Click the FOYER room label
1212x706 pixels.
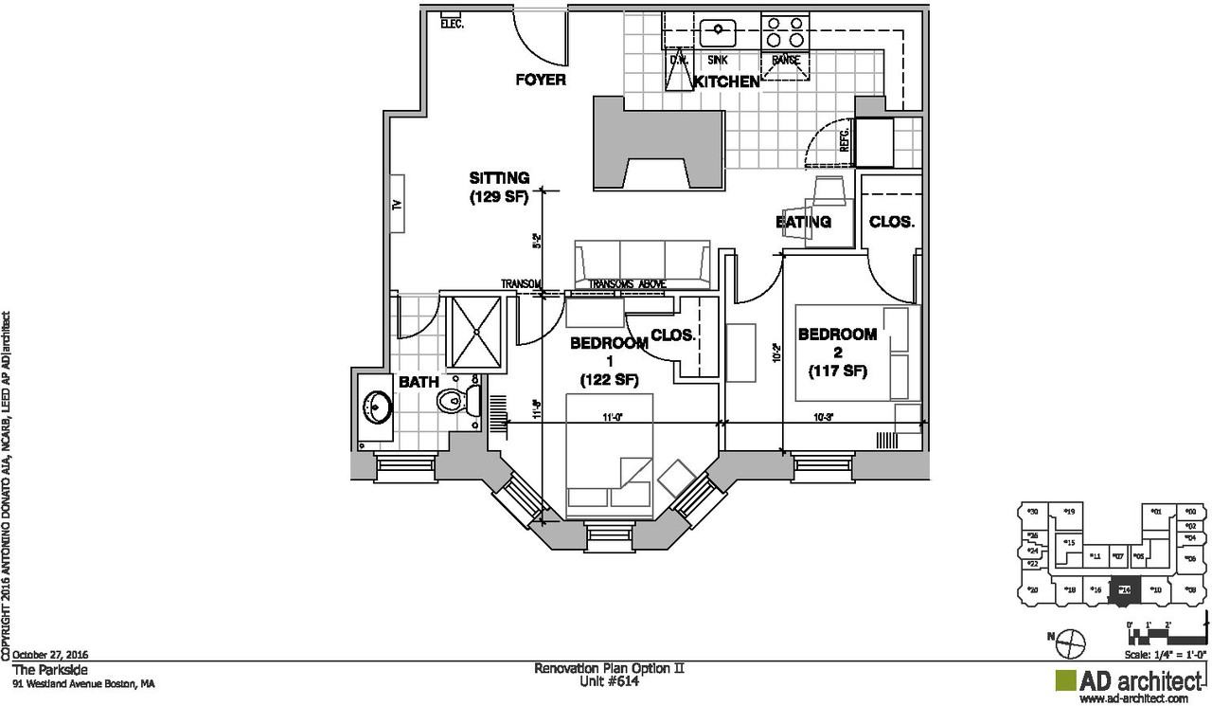click(541, 80)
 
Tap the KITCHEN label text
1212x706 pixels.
click(727, 82)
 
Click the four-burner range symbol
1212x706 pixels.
click(784, 32)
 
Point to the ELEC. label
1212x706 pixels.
click(452, 24)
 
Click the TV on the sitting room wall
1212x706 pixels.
click(398, 204)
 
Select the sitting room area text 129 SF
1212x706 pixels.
click(499, 198)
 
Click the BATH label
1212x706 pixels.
click(418, 383)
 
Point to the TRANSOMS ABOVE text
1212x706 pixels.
click(627, 284)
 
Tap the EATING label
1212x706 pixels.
click(803, 222)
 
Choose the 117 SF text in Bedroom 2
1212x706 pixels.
click(838, 371)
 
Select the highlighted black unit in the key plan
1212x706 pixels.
click(1124, 589)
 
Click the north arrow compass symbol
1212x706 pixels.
click(1069, 643)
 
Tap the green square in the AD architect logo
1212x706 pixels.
click(1065, 681)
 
